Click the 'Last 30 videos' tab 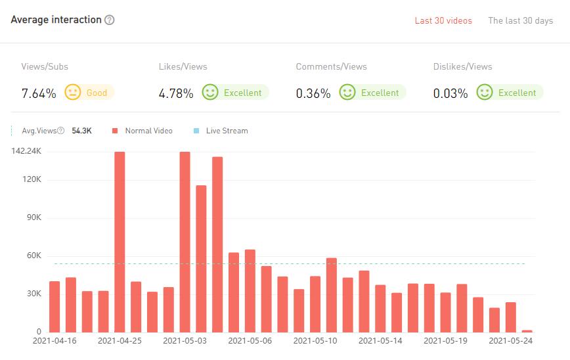pyautogui.click(x=443, y=20)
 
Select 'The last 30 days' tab pyautogui.click(x=520, y=20)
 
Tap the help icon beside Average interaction pyautogui.click(x=110, y=20)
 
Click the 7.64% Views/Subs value pyautogui.click(x=39, y=93)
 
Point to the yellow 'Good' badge pyautogui.click(x=90, y=93)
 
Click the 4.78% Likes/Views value pyautogui.click(x=176, y=93)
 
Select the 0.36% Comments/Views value pyautogui.click(x=313, y=93)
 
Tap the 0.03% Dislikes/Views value pyautogui.click(x=450, y=93)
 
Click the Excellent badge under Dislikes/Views pyautogui.click(x=510, y=93)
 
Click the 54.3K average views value pyautogui.click(x=81, y=131)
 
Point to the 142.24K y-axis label pyautogui.click(x=26, y=151)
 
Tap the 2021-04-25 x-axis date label pyautogui.click(x=120, y=341)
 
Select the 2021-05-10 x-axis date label pyautogui.click(x=315, y=341)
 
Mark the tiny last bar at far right pyautogui.click(x=527, y=330)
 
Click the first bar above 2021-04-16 pyautogui.click(x=55, y=306)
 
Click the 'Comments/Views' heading pyautogui.click(x=331, y=66)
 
